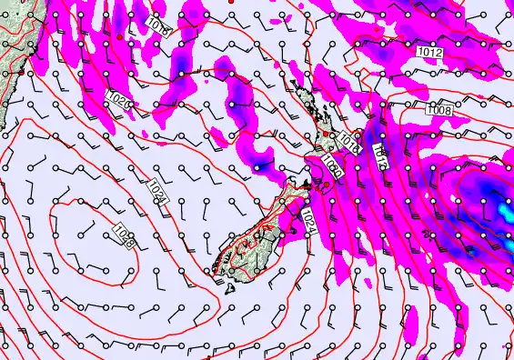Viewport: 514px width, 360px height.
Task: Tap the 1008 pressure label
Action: click(440, 109)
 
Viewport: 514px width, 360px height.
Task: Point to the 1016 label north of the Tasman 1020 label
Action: click(156, 29)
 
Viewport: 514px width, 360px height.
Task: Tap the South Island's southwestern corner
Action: click(213, 268)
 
